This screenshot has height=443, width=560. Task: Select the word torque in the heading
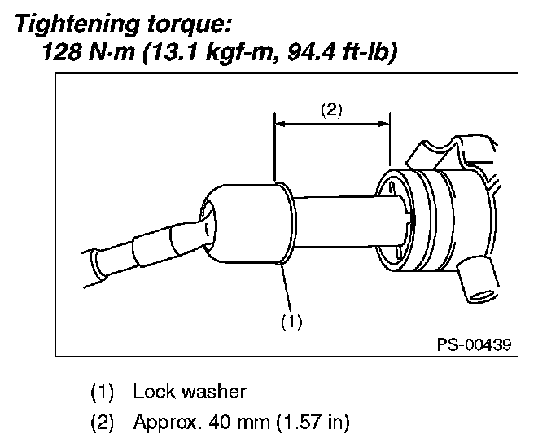(x=188, y=24)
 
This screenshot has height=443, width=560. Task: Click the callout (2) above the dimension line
(x=331, y=110)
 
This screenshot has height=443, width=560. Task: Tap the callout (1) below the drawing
(x=291, y=322)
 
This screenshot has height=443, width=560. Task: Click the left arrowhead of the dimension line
(x=280, y=124)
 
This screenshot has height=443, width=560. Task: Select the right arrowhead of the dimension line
(x=384, y=124)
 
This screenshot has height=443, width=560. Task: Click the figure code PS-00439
(x=475, y=344)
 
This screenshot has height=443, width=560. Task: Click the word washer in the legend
(x=214, y=392)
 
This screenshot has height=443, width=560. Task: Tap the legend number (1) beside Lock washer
(x=102, y=392)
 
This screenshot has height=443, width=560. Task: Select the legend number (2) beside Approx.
(x=102, y=423)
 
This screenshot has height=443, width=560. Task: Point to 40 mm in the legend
(x=239, y=422)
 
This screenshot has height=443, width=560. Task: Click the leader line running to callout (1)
(x=286, y=287)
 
